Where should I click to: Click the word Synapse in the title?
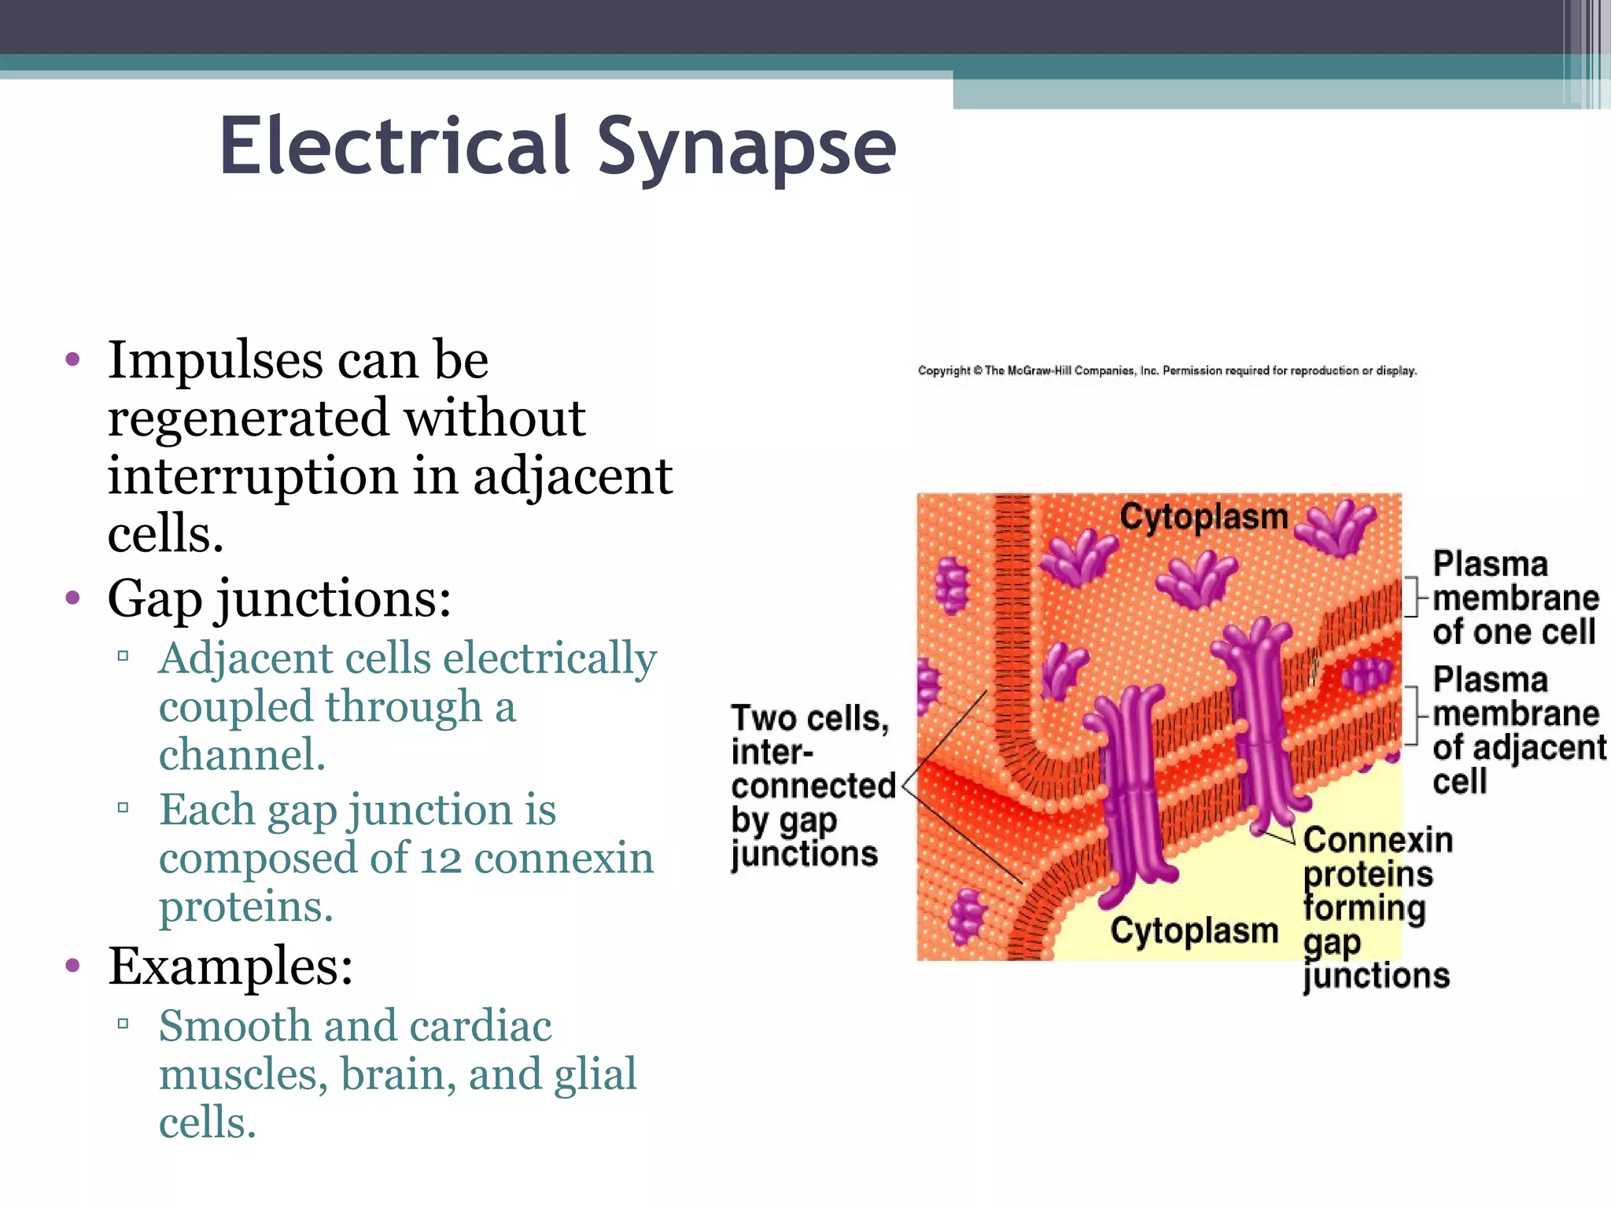746,148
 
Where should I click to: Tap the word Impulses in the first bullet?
215,361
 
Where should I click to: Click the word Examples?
230,967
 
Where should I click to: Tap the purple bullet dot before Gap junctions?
73,598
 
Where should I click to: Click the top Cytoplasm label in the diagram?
1204,517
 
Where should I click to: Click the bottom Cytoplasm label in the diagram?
1194,930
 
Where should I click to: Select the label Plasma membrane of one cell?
1513,598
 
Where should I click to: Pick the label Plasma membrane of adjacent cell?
1517,731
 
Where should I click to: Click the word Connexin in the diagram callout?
1377,840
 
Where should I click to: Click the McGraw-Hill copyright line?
1167,370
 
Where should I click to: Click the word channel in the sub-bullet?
241,755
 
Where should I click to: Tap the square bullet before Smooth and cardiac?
123,1023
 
